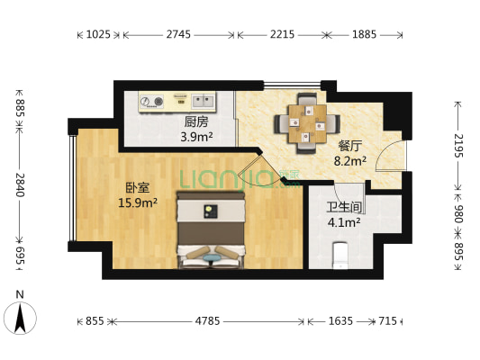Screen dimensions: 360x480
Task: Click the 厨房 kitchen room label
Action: click(x=196, y=121)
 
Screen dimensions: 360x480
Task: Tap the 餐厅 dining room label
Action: click(x=349, y=145)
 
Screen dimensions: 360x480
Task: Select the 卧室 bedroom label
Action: click(x=137, y=187)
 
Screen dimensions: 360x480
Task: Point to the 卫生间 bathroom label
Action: click(x=343, y=206)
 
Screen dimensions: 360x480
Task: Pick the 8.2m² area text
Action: click(x=349, y=161)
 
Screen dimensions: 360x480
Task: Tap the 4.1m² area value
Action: click(x=344, y=221)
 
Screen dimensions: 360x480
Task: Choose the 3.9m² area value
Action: click(x=197, y=137)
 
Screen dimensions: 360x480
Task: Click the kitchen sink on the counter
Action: click(x=199, y=99)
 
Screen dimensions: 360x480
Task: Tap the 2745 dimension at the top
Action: click(x=179, y=35)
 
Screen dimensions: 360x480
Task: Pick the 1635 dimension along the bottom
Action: click(x=340, y=320)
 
